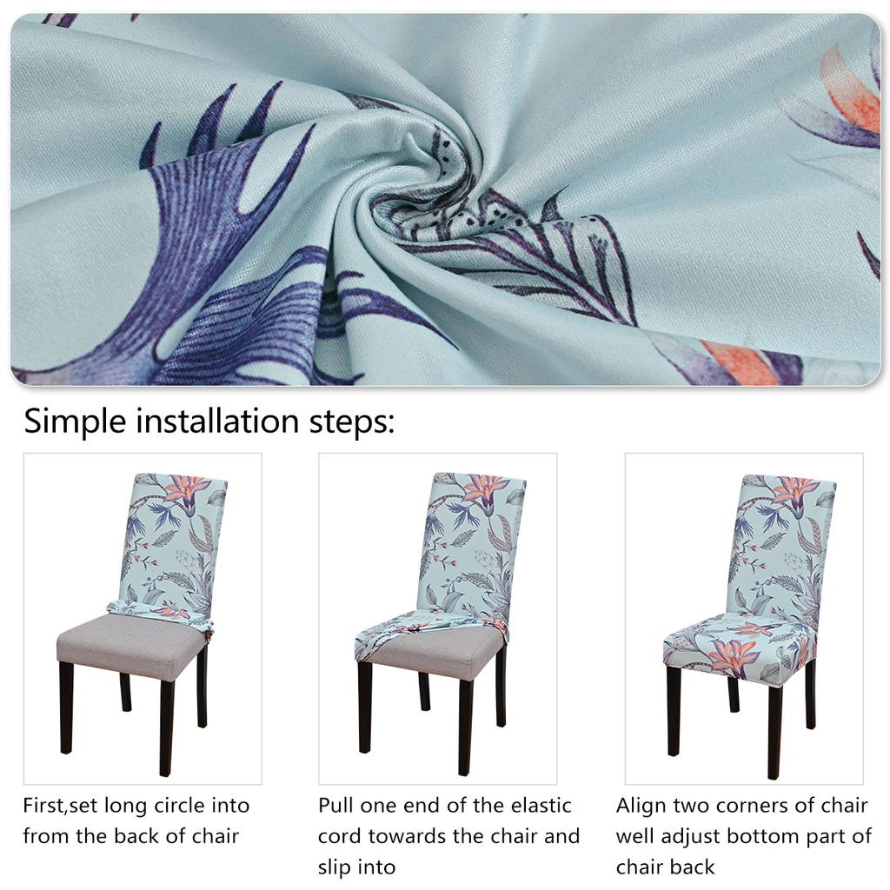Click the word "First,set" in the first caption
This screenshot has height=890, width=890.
point(59,806)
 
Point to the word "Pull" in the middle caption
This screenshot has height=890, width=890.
point(336,806)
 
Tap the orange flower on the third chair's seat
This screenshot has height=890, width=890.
point(732,654)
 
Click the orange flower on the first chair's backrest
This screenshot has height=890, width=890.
point(187,491)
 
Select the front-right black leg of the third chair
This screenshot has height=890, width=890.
point(774,730)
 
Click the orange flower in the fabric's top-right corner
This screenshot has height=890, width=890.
point(852,96)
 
